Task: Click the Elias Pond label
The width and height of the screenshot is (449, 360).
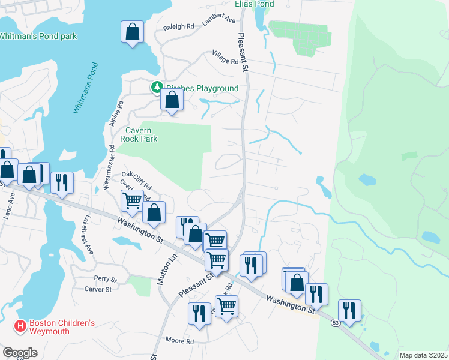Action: pos(255,4)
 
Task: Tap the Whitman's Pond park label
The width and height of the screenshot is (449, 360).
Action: pos(38,37)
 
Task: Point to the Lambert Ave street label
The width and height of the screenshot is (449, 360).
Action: pos(219,20)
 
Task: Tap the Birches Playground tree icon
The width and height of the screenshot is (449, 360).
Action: pos(157,88)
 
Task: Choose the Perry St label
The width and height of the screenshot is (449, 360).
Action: pos(105,278)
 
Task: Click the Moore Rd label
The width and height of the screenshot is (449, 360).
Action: pos(180,341)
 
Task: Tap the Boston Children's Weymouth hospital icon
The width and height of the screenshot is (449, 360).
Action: pos(20,327)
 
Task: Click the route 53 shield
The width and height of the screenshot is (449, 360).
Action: pos(334,323)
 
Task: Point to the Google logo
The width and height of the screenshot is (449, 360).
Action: pos(20,353)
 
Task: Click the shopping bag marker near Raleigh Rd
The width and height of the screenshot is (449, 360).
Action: pos(133,32)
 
